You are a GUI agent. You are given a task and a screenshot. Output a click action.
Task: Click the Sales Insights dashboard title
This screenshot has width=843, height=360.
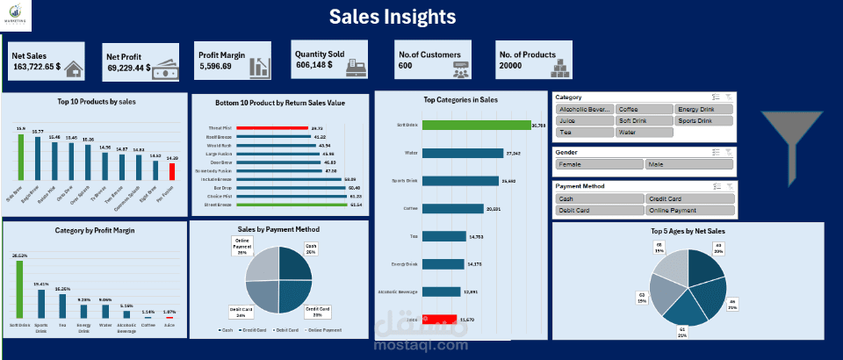pos(392,17)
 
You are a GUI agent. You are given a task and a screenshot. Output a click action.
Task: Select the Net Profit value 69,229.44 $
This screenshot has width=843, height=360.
pos(129,67)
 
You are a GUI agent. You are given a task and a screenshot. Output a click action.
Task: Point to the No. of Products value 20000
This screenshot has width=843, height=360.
pos(510,66)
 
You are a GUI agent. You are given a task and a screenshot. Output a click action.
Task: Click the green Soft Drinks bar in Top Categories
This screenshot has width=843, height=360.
pos(479,125)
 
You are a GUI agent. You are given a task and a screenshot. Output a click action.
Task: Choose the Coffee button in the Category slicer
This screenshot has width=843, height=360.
pos(644,109)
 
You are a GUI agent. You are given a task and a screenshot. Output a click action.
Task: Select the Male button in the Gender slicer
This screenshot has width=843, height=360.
pos(688,164)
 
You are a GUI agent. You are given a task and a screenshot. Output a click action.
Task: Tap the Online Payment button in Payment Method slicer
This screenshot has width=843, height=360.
pos(688,211)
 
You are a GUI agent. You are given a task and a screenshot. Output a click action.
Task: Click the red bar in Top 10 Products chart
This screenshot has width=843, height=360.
pos(172,172)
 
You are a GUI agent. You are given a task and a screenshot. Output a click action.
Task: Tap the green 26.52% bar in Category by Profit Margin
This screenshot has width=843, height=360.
pos(19,291)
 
